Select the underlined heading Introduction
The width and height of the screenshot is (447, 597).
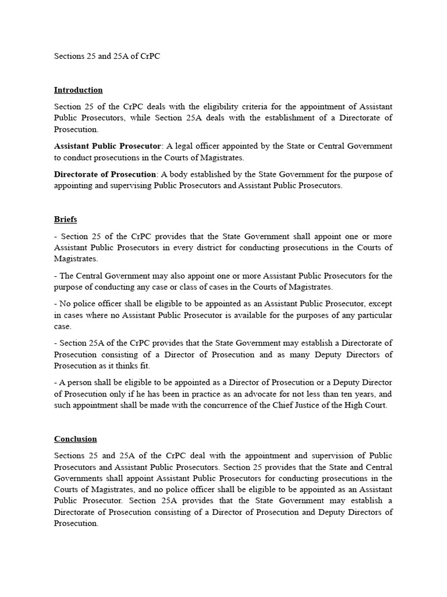(78, 90)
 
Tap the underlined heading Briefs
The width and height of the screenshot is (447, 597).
(65, 219)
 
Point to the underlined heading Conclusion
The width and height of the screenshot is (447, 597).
(75, 439)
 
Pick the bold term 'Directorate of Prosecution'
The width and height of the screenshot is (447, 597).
(105, 174)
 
